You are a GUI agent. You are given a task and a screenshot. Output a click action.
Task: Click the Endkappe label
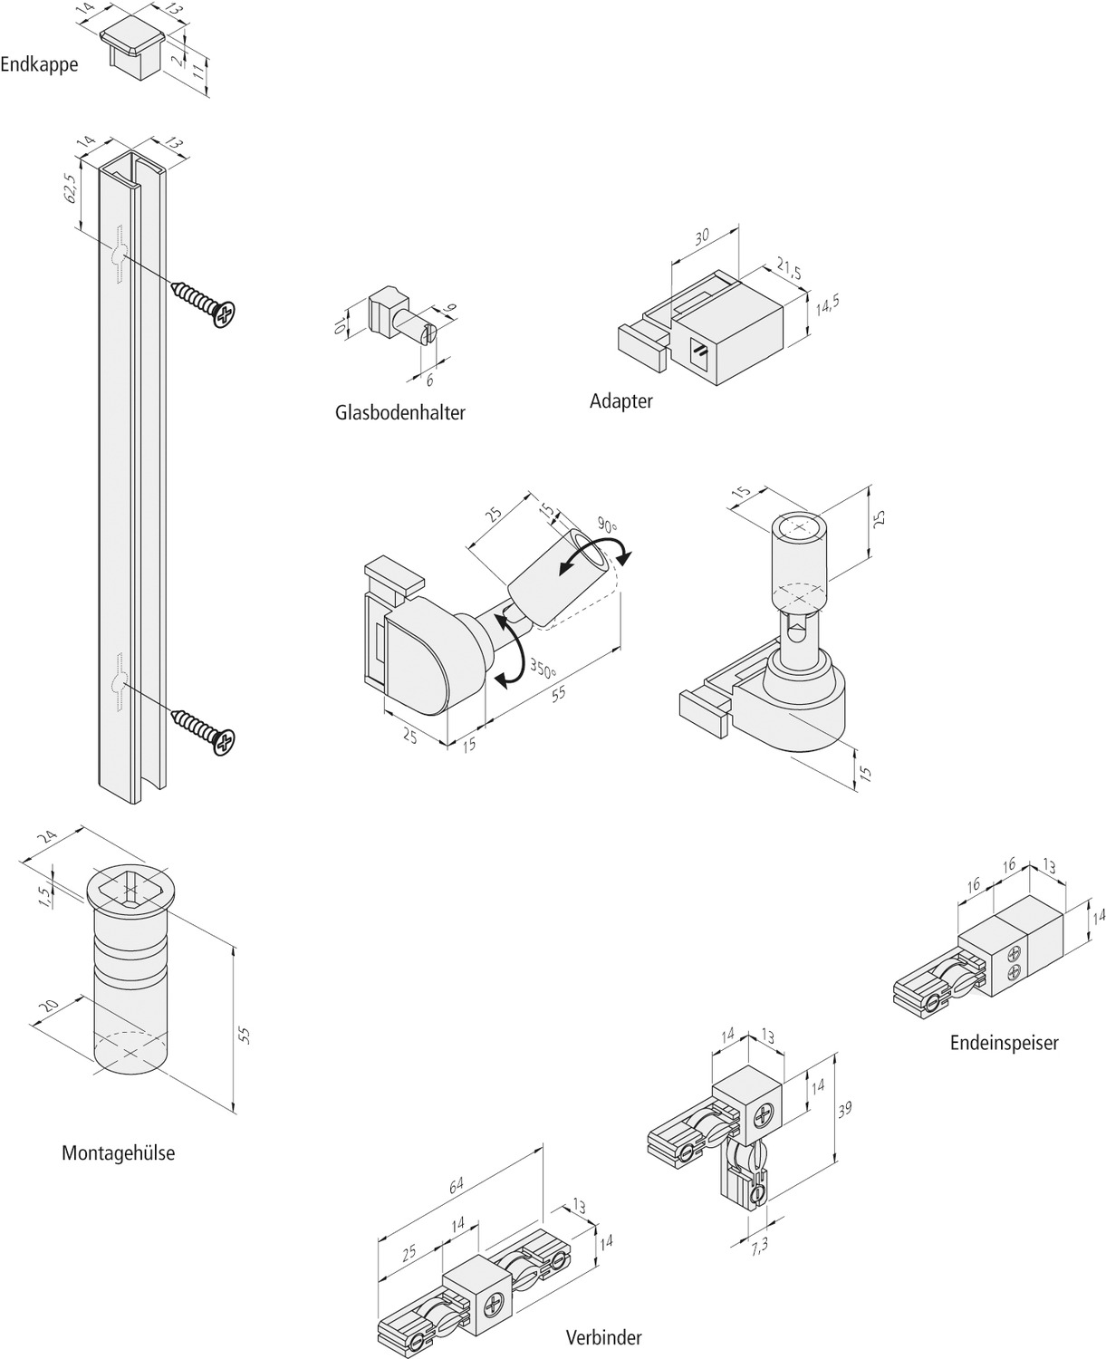tap(39, 64)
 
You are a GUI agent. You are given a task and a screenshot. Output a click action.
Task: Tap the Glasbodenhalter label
tap(399, 413)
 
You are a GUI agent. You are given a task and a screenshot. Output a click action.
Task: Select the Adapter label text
tap(620, 401)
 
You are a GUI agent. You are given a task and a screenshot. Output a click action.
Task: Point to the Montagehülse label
tap(118, 1153)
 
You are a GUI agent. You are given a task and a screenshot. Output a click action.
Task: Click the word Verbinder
tap(603, 1337)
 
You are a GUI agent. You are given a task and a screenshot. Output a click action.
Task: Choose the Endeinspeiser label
tap(1004, 1043)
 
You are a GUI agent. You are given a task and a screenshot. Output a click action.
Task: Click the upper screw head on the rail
tap(224, 313)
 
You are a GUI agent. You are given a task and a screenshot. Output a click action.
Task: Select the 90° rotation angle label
tap(606, 525)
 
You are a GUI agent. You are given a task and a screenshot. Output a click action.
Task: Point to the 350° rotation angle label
tap(543, 671)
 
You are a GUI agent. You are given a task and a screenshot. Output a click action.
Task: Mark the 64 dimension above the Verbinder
tap(457, 1183)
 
